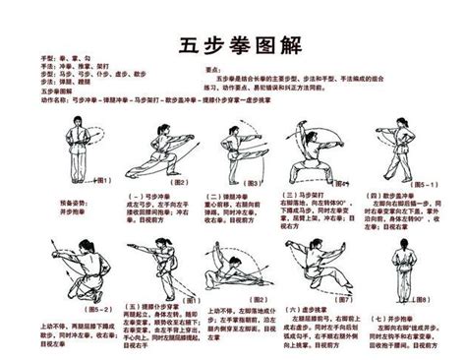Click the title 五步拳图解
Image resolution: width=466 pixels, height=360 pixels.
tap(232, 45)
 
